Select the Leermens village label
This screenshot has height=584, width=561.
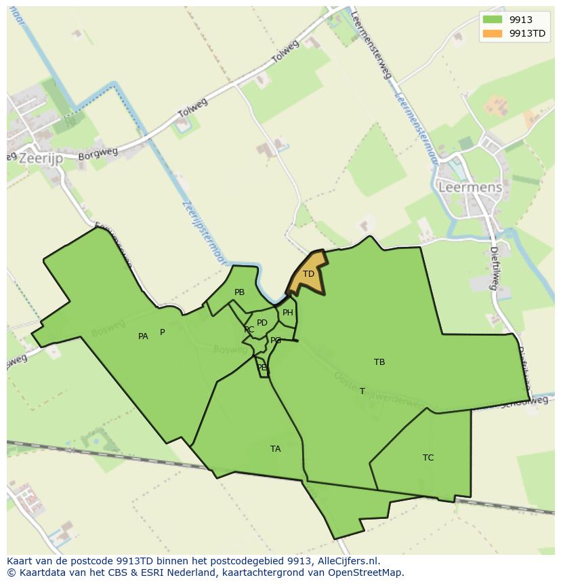[x=470, y=187]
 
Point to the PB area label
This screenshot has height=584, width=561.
[x=239, y=292]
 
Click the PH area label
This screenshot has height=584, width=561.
[x=288, y=313]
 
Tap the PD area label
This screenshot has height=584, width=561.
[x=262, y=323]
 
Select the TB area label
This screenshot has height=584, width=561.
[x=379, y=362]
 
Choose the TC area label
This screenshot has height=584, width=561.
[x=428, y=458]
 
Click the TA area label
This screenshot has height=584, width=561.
[x=275, y=449]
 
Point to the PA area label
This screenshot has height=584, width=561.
[x=143, y=336]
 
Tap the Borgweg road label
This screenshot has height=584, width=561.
[x=93, y=155]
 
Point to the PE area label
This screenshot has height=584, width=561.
[x=262, y=368]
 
